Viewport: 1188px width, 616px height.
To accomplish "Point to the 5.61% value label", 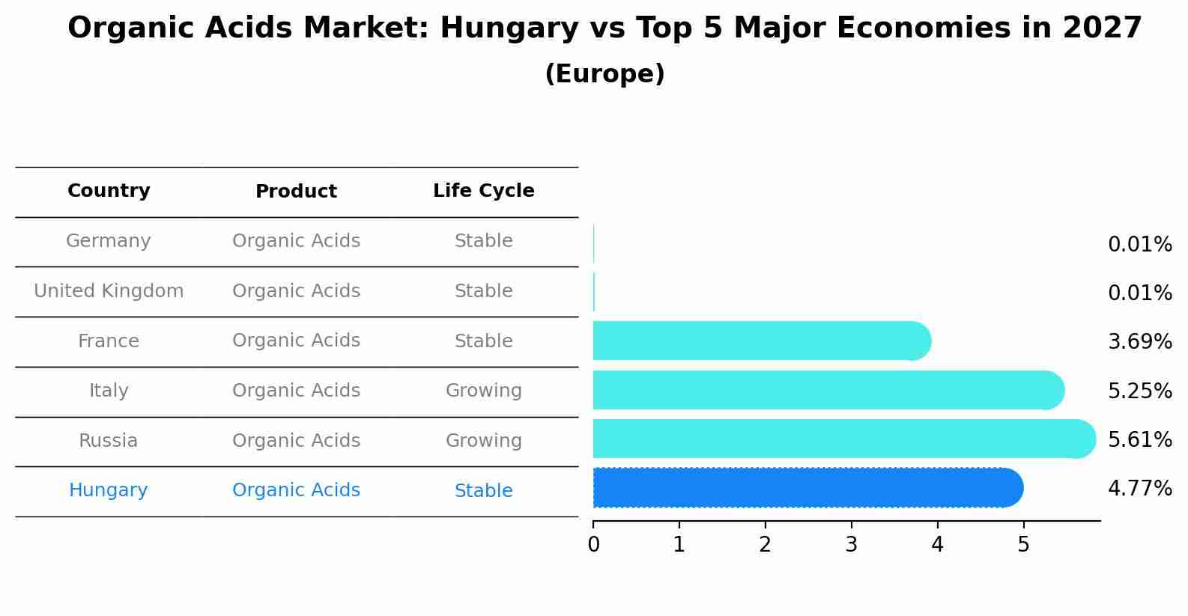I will coord(1139,439).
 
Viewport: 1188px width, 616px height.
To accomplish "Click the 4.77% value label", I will coord(1139,489).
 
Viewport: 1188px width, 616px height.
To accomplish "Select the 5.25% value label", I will coord(1139,391).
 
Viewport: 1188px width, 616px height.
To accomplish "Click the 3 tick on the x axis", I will coord(851,545).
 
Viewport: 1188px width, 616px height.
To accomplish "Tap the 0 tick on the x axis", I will coord(593,545).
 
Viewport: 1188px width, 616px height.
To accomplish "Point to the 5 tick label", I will coord(1023,545).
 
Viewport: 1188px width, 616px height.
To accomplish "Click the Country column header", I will coord(109,191).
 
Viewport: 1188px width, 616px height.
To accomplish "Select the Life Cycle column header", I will coord(483,191).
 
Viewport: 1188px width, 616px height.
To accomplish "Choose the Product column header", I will coord(296,192).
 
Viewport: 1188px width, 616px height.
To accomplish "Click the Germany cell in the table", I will coord(109,241).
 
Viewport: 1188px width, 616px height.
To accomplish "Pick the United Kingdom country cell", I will coord(109,291).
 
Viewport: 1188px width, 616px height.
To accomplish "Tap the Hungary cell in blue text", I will coord(109,490).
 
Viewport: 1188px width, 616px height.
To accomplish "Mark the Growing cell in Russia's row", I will coord(483,441).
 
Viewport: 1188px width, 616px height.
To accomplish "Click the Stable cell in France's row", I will coord(483,341).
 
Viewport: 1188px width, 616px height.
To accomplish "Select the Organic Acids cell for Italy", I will coord(296,391).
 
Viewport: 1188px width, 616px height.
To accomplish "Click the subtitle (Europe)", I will coord(604,74).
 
